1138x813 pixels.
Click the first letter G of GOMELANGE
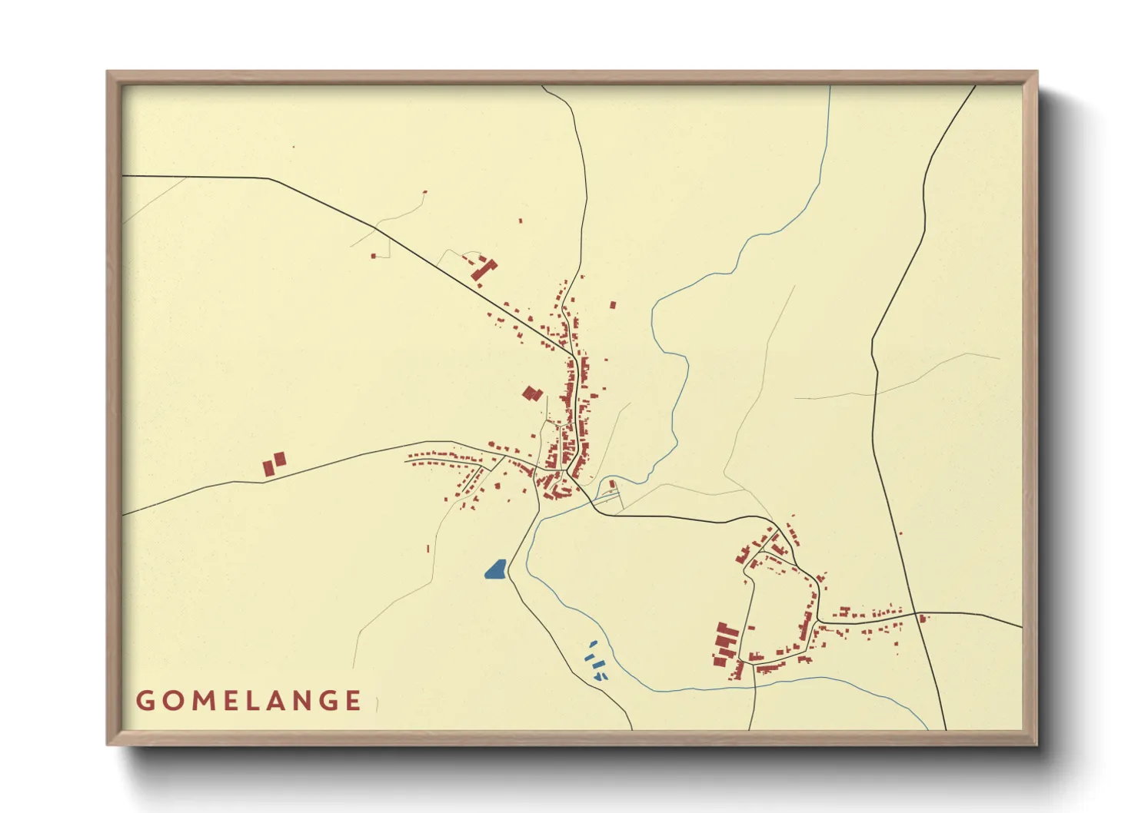tap(144, 701)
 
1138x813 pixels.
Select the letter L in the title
tap(251, 701)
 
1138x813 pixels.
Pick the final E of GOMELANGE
tap(353, 701)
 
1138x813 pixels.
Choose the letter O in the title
tap(169, 701)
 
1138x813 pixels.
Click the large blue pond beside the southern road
tap(495, 569)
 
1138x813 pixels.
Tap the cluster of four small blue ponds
tap(594, 662)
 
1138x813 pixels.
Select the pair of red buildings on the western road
tap(275, 463)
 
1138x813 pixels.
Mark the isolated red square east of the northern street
tap(613, 305)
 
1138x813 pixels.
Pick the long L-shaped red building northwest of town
tap(484, 270)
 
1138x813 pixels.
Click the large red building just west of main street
tap(532, 394)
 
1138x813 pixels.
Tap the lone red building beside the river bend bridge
tap(612, 484)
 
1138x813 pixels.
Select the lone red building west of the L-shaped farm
tap(374, 256)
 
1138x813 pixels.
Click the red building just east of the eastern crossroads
tap(923, 618)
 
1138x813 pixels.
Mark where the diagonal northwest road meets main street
tap(574, 357)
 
